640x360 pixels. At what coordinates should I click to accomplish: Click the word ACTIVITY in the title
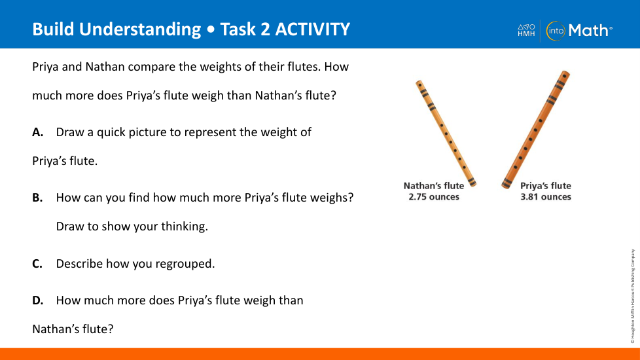pos(313,29)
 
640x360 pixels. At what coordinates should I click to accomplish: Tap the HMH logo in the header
pos(526,30)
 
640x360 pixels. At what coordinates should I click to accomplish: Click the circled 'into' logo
pos(556,31)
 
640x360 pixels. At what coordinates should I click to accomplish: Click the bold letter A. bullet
pos(37,132)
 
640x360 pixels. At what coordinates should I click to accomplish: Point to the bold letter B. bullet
pos(37,198)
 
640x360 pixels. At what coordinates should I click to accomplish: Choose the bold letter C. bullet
pos(37,264)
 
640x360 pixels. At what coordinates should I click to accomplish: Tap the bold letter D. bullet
pos(37,300)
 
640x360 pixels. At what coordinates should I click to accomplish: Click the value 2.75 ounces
pos(434,197)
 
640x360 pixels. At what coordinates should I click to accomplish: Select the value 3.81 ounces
pos(546,197)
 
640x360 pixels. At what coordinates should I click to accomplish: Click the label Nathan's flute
pos(434,186)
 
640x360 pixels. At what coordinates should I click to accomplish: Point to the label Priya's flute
pos(546,186)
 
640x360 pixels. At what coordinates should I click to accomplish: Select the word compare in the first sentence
pos(151,67)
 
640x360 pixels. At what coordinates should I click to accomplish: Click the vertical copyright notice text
pos(633,296)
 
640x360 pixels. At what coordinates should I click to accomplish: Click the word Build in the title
pos(54,29)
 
